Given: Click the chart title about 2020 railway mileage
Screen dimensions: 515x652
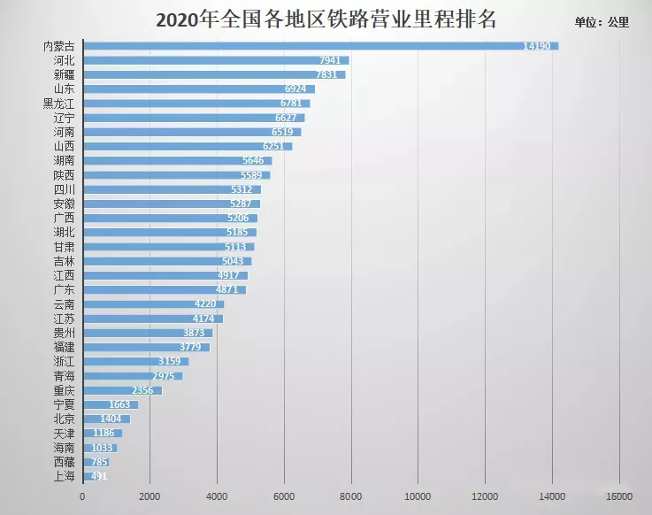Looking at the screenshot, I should tap(326, 19).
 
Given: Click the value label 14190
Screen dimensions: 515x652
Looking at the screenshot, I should tap(540, 46).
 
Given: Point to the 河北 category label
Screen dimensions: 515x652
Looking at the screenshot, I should tap(64, 60).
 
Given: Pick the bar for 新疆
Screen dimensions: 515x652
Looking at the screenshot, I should tap(212, 74).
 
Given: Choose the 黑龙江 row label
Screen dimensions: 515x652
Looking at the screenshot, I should tap(58, 103).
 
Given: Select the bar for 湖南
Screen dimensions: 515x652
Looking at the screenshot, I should tap(177, 160).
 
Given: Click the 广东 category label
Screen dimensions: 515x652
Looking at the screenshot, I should tap(64, 290).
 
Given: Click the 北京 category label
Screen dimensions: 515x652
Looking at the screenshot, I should tap(64, 419).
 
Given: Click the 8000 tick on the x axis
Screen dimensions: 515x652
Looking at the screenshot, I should tap(350, 496).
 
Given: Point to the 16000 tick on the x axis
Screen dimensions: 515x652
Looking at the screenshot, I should tap(618, 496).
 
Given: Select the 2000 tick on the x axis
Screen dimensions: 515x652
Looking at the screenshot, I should tap(150, 496).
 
